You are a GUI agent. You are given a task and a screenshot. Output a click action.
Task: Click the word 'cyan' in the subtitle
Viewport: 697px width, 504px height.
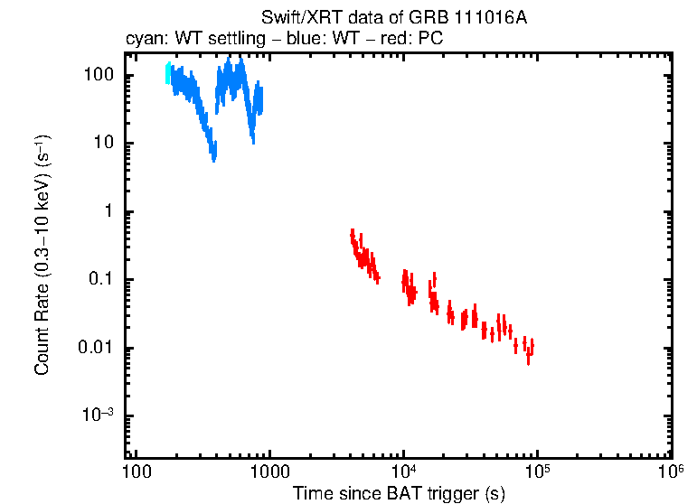141,39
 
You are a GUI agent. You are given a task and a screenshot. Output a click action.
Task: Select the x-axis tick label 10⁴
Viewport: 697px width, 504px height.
403,471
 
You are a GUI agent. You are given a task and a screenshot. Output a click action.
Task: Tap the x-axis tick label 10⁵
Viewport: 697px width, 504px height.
537,471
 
